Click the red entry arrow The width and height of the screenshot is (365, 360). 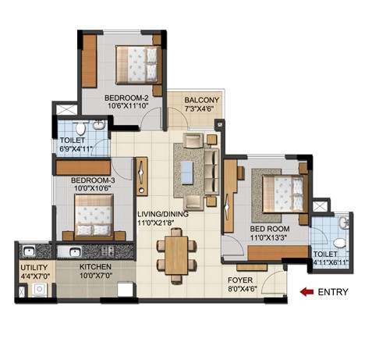307,292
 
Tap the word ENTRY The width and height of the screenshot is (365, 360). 333,292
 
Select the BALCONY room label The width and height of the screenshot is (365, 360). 201,100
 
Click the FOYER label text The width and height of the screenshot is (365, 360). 240,280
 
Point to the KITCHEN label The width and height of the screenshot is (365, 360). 95,267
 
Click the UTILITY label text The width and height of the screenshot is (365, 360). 34,268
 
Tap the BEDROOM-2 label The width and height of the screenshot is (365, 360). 126,98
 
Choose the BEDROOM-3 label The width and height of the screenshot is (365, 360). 93,180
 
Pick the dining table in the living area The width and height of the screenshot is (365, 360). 176,255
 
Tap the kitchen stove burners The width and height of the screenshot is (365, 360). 107,251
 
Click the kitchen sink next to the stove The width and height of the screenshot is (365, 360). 75,252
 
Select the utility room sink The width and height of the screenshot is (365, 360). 29,251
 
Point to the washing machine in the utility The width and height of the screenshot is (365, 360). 40,290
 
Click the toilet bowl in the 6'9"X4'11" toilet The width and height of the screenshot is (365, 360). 81,128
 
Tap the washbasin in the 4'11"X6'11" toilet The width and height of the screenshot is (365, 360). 345,223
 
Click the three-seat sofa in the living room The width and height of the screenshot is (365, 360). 211,171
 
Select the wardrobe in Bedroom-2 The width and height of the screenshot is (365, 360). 89,61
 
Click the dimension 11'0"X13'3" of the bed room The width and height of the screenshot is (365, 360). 270,237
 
